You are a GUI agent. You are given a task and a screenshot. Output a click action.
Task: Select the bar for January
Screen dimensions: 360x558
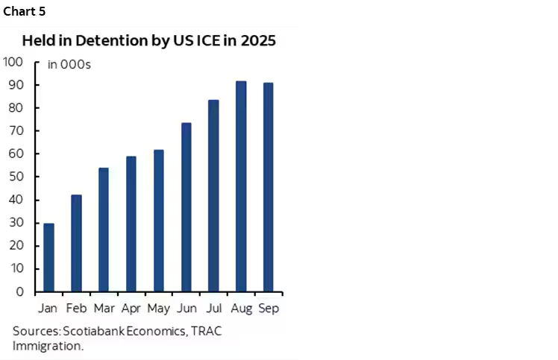click(x=48, y=257)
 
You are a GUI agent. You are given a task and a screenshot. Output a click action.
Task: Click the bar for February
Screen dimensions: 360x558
click(x=76, y=243)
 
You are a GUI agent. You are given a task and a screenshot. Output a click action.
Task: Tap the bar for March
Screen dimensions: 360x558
click(x=104, y=230)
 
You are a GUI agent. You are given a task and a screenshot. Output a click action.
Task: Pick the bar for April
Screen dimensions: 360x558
click(x=131, y=224)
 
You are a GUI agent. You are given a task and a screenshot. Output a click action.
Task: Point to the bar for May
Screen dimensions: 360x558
click(x=158, y=221)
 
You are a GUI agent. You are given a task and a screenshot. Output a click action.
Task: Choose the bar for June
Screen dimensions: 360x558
click(x=186, y=207)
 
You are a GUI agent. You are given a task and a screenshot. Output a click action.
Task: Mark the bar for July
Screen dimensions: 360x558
click(x=213, y=195)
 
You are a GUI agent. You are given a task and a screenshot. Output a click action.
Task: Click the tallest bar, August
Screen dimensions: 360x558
click(x=241, y=186)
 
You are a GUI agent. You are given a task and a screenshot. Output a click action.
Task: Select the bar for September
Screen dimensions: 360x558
click(x=268, y=187)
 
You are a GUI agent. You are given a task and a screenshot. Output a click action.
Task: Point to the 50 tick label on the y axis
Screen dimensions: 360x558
click(x=16, y=177)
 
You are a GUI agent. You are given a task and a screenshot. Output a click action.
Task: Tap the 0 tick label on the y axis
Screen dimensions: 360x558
click(x=20, y=291)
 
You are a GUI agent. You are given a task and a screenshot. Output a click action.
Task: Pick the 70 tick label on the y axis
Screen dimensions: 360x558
click(x=16, y=130)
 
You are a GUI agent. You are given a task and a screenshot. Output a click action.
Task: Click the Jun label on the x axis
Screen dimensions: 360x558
click(x=186, y=308)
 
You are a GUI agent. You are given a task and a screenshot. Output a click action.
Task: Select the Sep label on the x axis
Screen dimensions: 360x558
click(x=268, y=308)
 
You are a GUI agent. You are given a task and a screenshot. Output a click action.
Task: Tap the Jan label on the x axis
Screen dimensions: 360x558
click(x=48, y=308)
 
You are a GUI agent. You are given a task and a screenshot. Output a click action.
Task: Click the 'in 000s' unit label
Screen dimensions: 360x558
click(x=69, y=65)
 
